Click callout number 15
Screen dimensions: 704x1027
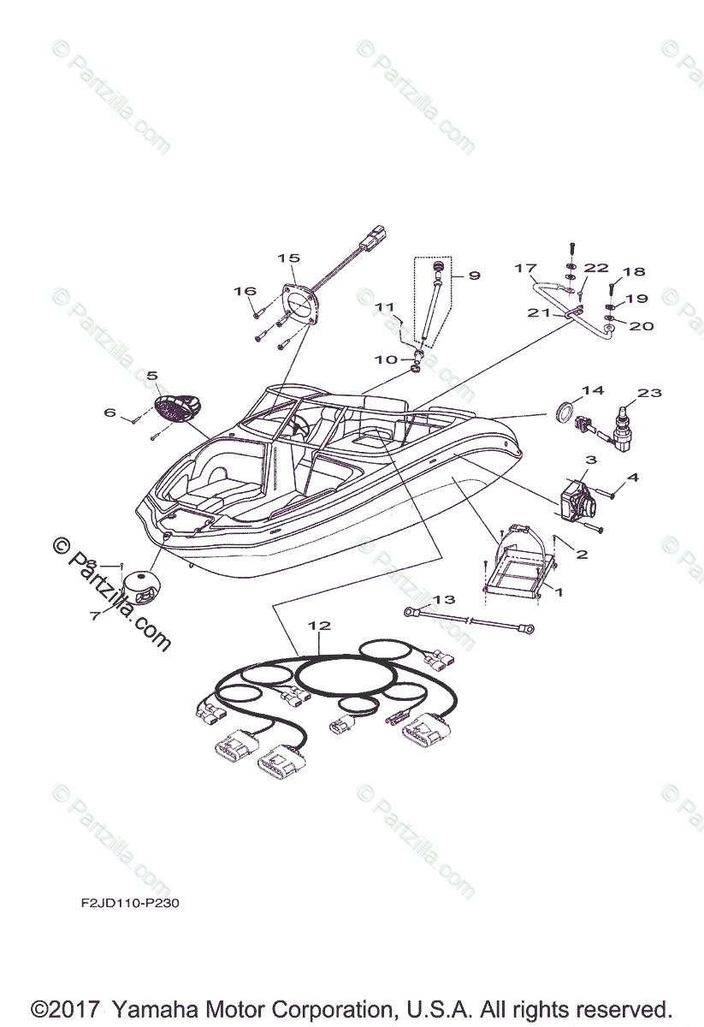[288, 258]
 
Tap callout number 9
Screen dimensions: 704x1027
[474, 276]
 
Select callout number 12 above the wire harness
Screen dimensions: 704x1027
[319, 626]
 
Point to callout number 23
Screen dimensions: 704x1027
[650, 393]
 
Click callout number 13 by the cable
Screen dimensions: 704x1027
[444, 599]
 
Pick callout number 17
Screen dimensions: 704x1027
[525, 268]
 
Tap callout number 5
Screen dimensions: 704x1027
[152, 375]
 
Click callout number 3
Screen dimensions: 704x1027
[591, 460]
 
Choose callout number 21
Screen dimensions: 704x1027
[539, 313]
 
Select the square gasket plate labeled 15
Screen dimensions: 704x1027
[299, 304]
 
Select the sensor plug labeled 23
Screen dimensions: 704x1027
[622, 425]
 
